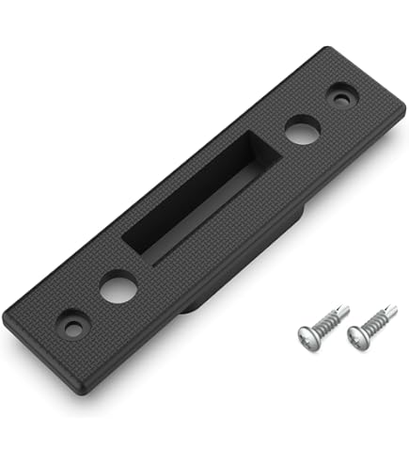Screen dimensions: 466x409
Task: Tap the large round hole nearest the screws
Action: tap(301, 129)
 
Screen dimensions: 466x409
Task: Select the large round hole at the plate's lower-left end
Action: tap(118, 285)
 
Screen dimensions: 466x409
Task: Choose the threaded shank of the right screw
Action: tap(377, 320)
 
